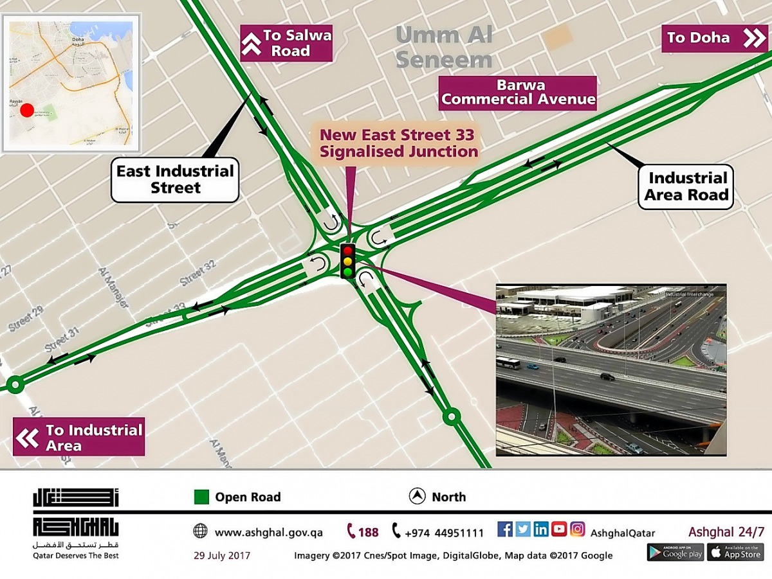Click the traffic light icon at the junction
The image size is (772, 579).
[347, 260]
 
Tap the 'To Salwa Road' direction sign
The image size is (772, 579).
[286, 43]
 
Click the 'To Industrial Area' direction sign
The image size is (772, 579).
[79, 437]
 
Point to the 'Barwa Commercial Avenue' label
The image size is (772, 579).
[518, 93]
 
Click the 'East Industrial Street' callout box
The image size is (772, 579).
[175, 180]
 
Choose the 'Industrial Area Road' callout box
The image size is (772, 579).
[686, 186]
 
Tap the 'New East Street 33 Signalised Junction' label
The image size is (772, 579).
[399, 143]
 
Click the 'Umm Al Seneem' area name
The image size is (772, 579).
[444, 47]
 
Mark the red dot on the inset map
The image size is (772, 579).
[26, 110]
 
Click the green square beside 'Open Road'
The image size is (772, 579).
[202, 497]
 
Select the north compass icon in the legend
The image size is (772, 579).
[417, 496]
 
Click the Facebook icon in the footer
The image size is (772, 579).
[505, 530]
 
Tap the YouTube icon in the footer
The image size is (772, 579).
[559, 530]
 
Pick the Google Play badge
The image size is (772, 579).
[675, 552]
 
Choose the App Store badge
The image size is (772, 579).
[735, 552]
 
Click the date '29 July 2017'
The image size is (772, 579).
[222, 555]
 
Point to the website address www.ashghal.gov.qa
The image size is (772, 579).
[268, 533]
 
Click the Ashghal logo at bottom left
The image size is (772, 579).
[76, 523]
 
